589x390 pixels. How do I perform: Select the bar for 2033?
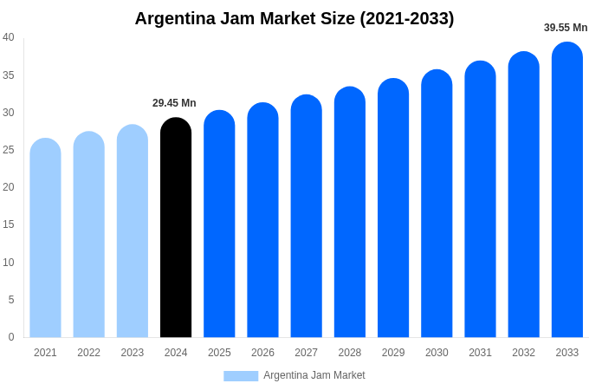pos(567,191)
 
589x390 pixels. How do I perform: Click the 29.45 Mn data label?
pos(174,103)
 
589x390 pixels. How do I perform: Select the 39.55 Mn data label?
pos(566,28)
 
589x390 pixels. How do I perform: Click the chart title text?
pos(294,18)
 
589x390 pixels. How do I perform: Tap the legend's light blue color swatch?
pos(241,376)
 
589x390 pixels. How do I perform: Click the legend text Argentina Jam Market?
pos(314,375)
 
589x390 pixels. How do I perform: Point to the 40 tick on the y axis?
pos(9,37)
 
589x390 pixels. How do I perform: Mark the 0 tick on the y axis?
pos(11,337)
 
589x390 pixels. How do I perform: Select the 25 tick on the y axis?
pos(9,150)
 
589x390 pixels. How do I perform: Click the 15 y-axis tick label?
pos(9,224)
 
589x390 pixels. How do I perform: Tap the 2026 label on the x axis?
pos(262,353)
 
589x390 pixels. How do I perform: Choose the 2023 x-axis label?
pos(133,353)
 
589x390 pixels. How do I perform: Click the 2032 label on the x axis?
pos(523,353)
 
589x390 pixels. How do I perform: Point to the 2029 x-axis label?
pos(393,353)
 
